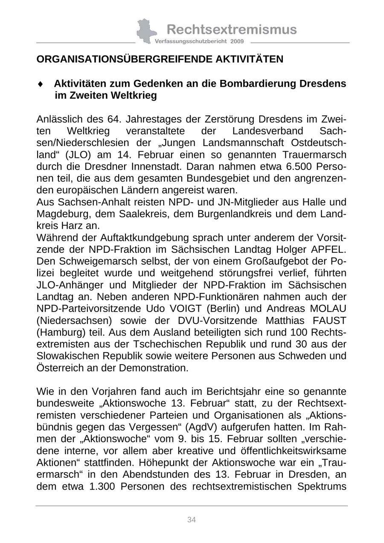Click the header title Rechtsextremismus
[231, 29]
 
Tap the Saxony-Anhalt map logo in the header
[146, 31]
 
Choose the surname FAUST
[331, 320]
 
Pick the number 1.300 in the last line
[102, 486]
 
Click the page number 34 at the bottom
[192, 520]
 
